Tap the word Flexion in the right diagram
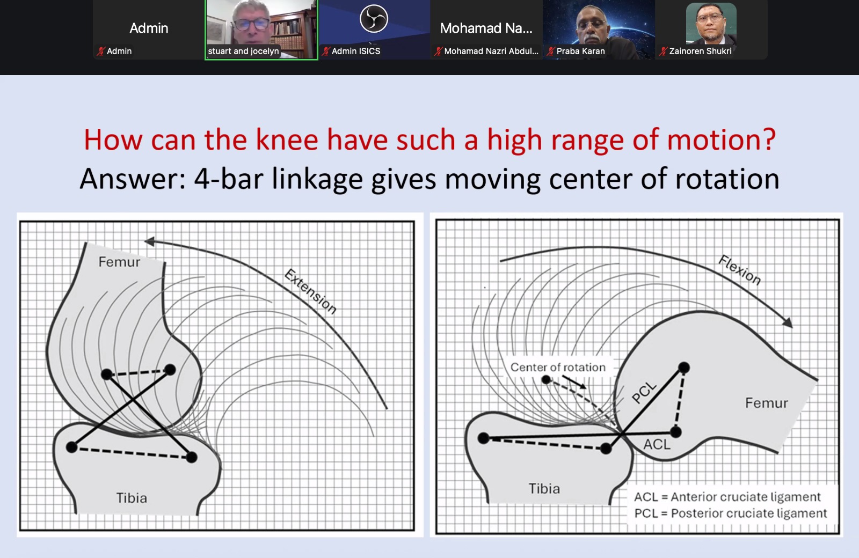coord(740,270)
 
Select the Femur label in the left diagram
coord(119,262)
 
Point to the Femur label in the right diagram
coord(766,403)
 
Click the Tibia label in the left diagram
coord(132,498)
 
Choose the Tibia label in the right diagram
coord(544,489)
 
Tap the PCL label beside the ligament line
coord(644,392)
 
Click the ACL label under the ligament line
coord(657,445)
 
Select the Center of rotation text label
coord(558,367)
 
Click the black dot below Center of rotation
coord(546,380)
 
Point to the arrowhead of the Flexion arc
coord(788,322)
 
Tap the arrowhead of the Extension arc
coord(149,241)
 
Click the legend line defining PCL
coord(731,513)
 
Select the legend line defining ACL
coord(727,497)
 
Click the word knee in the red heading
coord(287,140)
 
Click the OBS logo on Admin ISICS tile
coord(374,18)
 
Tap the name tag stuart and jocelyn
coord(243,51)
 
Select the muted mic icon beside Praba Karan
coord(551,52)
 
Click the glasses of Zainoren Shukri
coord(710,19)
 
